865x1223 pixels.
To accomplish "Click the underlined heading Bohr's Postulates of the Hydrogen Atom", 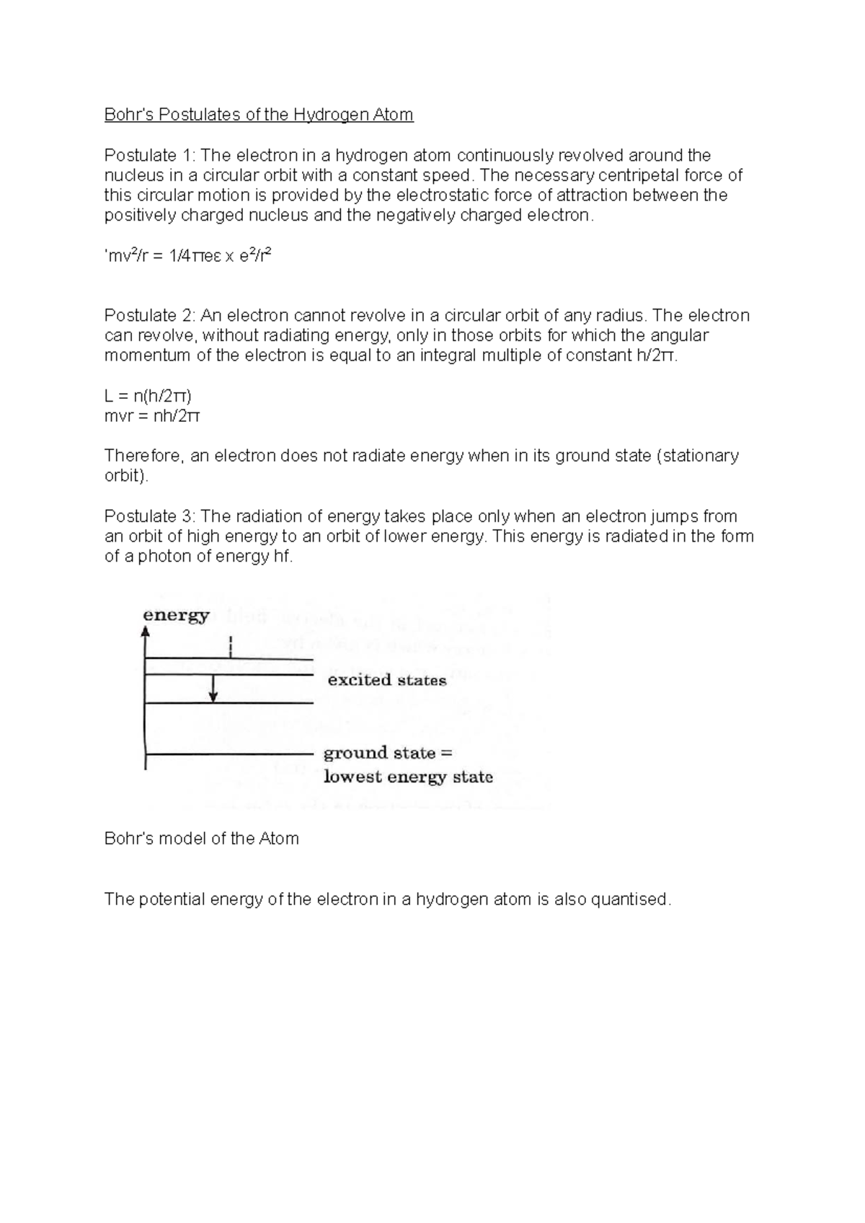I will tap(259, 115).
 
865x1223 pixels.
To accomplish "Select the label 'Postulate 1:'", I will tap(150, 156).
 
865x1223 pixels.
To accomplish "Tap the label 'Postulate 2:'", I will tap(150, 316).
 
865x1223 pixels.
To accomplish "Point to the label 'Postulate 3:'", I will tap(150, 516).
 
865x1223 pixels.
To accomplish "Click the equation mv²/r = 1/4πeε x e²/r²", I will tap(188, 256).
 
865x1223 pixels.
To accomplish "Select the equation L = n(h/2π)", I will tap(148, 396).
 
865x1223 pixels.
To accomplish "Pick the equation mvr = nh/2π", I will tap(152, 416).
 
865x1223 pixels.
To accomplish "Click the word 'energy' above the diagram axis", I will tap(176, 615).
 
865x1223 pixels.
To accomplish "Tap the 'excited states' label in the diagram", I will tap(387, 680).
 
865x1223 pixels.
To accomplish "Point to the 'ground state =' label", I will tap(387, 753).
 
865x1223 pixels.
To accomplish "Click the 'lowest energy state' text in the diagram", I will tap(408, 777).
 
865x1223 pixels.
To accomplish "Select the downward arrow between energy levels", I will tap(213, 690).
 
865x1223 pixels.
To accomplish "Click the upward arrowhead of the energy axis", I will tap(146, 632).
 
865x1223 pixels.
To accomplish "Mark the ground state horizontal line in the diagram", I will tap(229, 754).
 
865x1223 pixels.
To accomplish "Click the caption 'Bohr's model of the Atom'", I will tap(201, 839).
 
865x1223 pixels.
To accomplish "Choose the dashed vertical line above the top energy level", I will tap(230, 646).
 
